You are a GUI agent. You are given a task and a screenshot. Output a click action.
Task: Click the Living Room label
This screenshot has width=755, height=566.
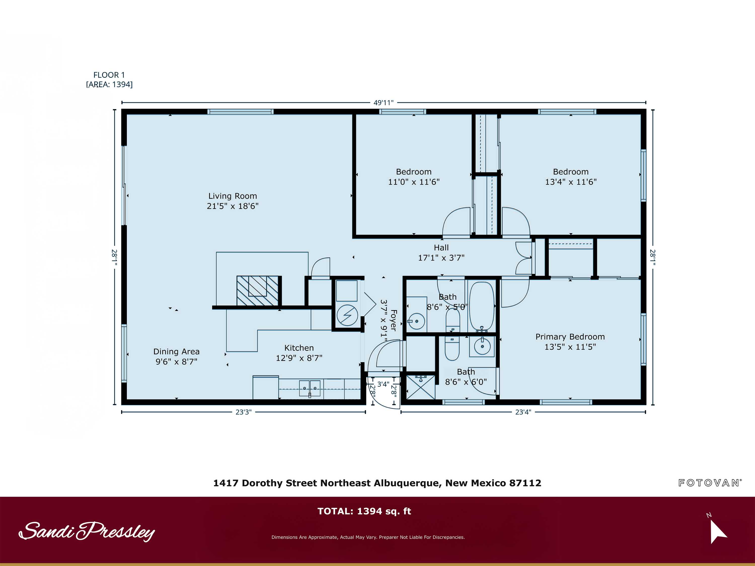coord(233,196)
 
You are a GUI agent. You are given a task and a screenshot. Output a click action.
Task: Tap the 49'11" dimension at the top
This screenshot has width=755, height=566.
coord(383,103)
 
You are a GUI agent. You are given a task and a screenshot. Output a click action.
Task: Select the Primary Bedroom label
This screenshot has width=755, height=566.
coord(570,337)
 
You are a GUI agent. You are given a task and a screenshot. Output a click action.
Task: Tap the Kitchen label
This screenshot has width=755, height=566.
coord(299,348)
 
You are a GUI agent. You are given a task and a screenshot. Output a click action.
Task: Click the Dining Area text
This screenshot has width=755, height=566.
coord(176,351)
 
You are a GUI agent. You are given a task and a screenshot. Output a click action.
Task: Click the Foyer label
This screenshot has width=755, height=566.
coord(393,320)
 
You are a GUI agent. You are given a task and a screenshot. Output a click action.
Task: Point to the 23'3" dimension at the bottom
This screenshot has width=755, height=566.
coord(243,412)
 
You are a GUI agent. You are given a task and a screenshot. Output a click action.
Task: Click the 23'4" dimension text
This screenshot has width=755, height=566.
coord(523,412)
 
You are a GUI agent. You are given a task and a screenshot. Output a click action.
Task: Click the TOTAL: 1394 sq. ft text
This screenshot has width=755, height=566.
coord(364,511)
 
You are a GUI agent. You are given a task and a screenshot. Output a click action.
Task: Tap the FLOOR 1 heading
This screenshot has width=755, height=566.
coord(109,75)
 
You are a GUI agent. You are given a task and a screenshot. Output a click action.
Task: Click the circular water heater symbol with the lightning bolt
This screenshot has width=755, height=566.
coord(347,315)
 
